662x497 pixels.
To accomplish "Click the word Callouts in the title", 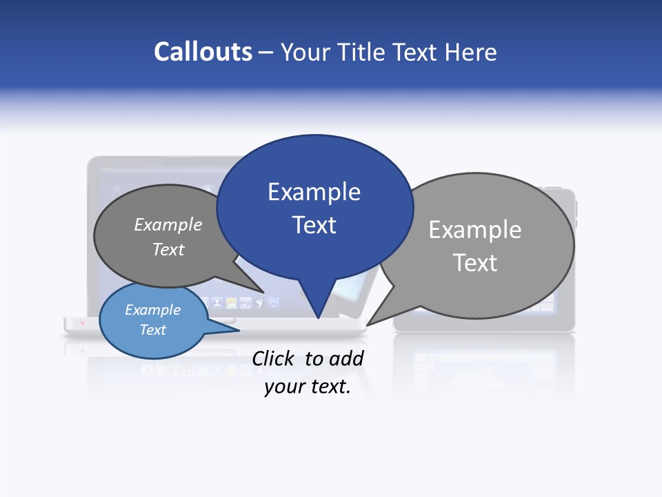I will coord(203,52).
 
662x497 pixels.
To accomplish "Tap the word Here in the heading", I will coord(471,52).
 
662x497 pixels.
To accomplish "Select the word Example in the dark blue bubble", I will coord(314,192).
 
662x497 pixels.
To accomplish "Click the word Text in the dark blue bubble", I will coord(314,225).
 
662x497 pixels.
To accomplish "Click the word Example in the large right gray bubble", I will coord(475,230).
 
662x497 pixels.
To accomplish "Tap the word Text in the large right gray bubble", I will coord(475,263).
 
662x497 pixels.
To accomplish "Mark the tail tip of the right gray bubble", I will coord(370,322).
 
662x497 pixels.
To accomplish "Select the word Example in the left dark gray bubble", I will coord(168,224).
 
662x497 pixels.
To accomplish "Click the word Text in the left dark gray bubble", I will coord(168,249).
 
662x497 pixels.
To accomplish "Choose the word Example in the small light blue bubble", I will coord(153,310).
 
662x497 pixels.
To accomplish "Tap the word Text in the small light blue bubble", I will coord(153,330).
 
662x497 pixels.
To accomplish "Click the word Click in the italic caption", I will coord(274,358).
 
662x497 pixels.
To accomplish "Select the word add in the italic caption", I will coord(346,358).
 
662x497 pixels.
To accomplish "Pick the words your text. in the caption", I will coord(308,387).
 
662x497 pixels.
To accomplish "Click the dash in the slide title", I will coord(266,52).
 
